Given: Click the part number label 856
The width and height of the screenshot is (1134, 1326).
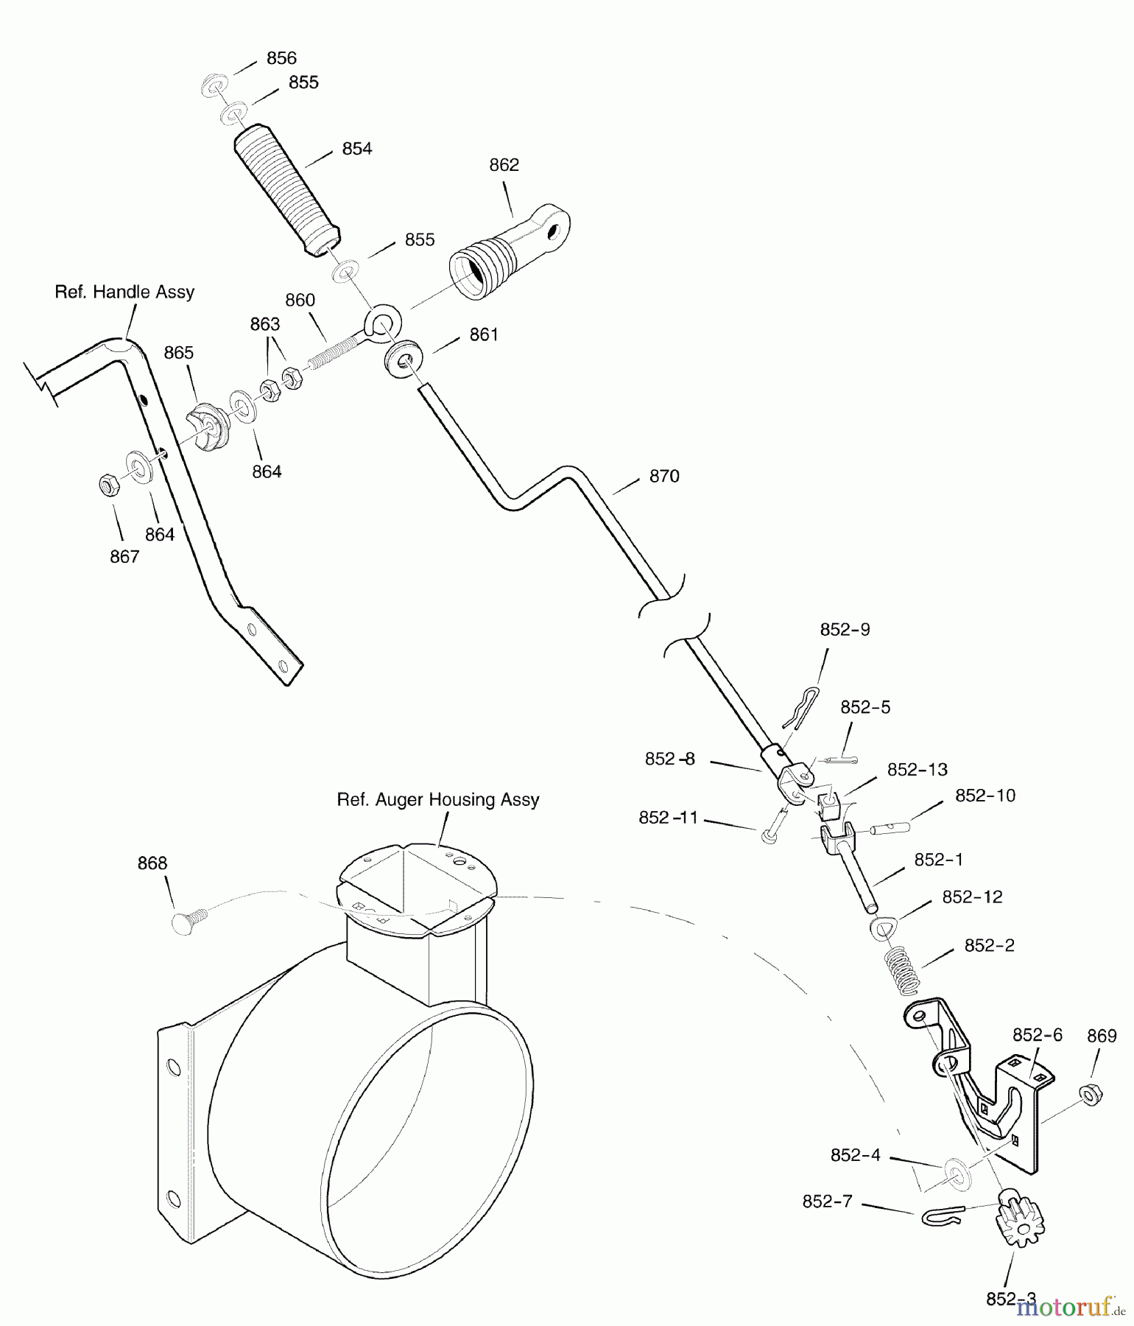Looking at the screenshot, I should coord(281,58).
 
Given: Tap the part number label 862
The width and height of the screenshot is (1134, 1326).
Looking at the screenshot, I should coord(504,165).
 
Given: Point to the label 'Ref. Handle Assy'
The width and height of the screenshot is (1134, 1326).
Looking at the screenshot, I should coord(124,292).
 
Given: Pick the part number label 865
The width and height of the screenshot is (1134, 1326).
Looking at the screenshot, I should coord(179,353).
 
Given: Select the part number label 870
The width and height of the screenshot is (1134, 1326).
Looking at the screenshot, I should coord(664,477).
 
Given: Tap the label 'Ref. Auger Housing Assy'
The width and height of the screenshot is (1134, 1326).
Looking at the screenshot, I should coord(438,800).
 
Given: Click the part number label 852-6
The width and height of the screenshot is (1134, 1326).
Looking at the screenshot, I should coord(1038,1035).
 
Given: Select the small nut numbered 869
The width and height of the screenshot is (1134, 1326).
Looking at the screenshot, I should coord(1090,1095).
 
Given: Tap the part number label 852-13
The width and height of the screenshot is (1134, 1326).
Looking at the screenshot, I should coord(918,770).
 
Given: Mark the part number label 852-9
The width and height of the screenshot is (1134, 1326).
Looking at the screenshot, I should coord(845,630).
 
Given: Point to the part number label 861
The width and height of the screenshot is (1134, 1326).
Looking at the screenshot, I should coord(484,335).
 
